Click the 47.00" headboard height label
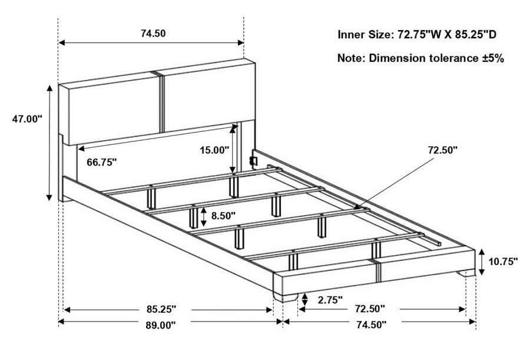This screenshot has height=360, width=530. (x=27, y=119)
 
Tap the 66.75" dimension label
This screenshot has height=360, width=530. (x=102, y=162)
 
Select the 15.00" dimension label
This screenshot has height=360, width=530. (x=214, y=150)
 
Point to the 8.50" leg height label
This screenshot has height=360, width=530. (x=223, y=215)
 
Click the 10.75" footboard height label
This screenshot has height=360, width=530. (x=503, y=261)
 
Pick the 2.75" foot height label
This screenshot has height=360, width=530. (x=330, y=299)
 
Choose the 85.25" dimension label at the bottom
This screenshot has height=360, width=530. (x=161, y=309)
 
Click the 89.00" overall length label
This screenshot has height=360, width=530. (x=161, y=325)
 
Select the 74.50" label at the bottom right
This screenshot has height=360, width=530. (x=371, y=325)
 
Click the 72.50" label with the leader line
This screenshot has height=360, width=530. (x=443, y=150)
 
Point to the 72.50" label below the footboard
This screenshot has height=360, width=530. (x=370, y=309)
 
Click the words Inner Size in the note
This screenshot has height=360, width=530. (x=365, y=35)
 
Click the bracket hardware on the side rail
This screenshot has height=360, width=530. (x=253, y=160)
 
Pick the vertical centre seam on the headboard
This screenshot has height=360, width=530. (x=161, y=101)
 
